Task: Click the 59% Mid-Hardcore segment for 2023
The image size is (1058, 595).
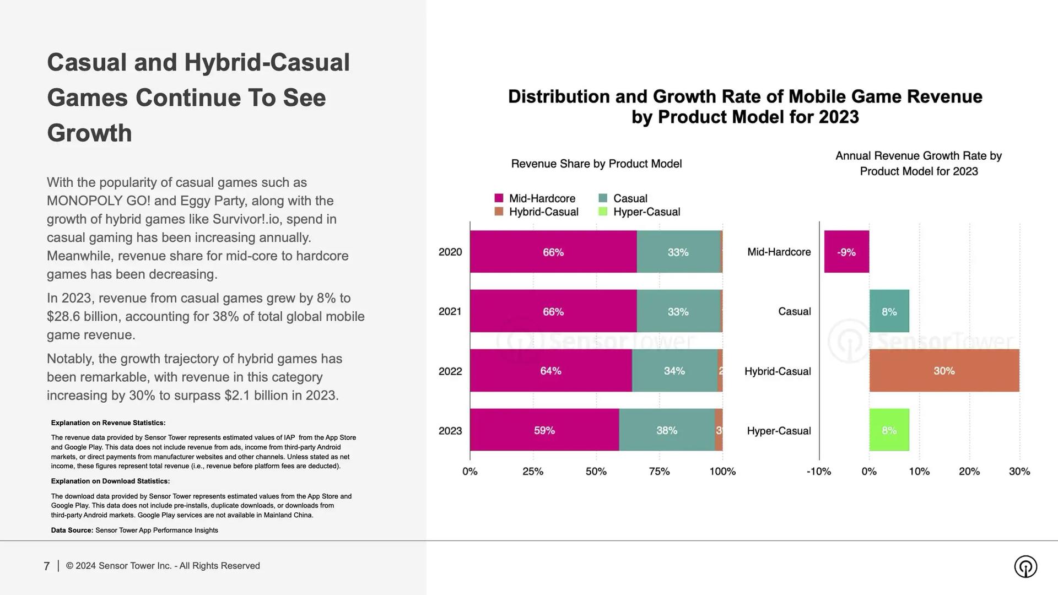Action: pos(544,430)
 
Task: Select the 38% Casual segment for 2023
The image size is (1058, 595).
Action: pos(667,430)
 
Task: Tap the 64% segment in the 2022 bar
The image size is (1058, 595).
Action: pos(550,371)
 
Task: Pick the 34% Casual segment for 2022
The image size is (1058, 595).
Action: pos(674,371)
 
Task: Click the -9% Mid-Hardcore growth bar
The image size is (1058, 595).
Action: pos(846,252)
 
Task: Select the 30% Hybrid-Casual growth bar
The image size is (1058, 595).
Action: pos(944,371)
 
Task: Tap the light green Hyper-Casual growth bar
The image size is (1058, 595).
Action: pos(889,430)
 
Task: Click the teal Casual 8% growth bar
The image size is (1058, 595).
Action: pos(889,311)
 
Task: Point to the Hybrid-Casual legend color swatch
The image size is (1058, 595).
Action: pos(499,212)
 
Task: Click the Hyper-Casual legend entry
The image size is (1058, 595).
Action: pos(646,212)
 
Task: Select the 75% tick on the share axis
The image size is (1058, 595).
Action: pos(659,472)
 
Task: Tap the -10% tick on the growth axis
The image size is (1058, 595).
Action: pos(818,472)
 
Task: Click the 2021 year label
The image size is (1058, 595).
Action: pos(450,311)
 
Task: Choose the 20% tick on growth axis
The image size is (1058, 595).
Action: pos(969,472)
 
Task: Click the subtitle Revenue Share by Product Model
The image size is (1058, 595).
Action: pos(596,164)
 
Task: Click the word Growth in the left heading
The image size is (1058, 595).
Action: pos(89,133)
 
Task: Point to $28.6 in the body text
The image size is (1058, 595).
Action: pos(64,317)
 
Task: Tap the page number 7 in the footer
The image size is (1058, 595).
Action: pos(47,566)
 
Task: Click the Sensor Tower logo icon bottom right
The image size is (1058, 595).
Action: pos(1025,566)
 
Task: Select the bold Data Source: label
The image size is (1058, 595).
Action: pos(72,531)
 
